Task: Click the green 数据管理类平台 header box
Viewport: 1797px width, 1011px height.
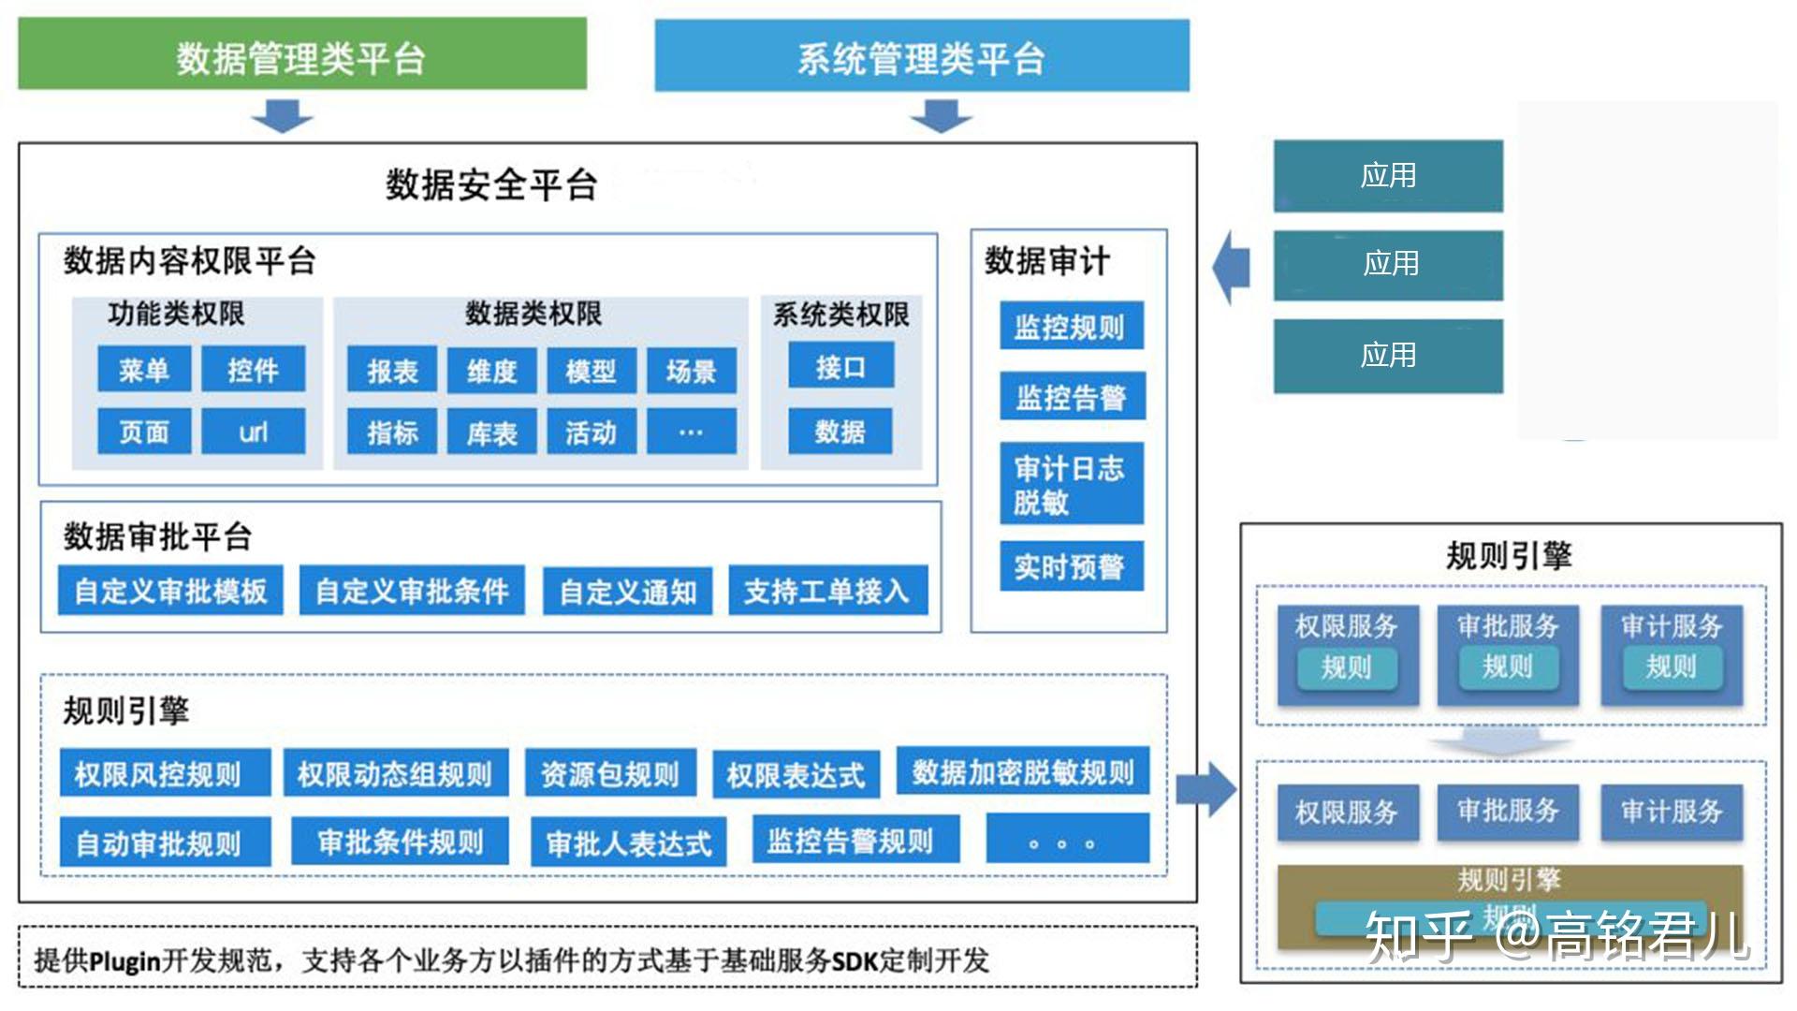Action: pos(301,55)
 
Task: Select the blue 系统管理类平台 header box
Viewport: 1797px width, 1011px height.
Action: pos(921,57)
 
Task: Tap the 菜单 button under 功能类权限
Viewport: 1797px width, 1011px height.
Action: pos(144,370)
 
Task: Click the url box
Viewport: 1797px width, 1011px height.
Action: pos(253,432)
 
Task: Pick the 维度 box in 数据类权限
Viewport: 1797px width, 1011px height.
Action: pos(491,372)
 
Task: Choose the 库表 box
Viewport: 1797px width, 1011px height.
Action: pos(491,432)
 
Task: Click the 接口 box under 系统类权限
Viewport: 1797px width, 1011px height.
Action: pos(840,367)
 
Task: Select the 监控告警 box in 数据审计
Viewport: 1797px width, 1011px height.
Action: pos(1072,397)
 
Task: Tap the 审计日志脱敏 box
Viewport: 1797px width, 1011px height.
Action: pos(1072,484)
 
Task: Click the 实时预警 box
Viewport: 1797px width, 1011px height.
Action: pos(1072,566)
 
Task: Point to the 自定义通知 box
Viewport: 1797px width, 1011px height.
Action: pos(627,592)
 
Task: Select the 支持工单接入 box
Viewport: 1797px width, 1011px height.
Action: pos(827,591)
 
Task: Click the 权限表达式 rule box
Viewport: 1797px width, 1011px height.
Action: pos(796,775)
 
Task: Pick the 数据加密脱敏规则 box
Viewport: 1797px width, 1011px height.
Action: pos(1022,771)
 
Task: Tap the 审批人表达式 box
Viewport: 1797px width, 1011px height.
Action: pos(629,842)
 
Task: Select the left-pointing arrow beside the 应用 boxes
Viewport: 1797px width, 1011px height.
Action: pos(1231,268)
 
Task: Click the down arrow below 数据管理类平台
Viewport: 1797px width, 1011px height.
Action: pos(282,117)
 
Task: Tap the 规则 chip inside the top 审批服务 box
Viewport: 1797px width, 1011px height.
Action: pos(1508,667)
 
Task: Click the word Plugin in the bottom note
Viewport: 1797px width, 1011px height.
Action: pos(125,961)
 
